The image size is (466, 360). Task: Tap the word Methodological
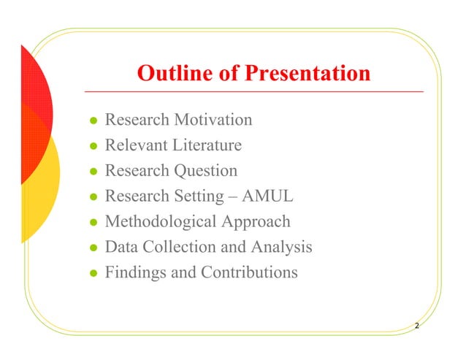pyautogui.click(x=157, y=222)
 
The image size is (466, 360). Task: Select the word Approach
pyautogui.click(x=253, y=222)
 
